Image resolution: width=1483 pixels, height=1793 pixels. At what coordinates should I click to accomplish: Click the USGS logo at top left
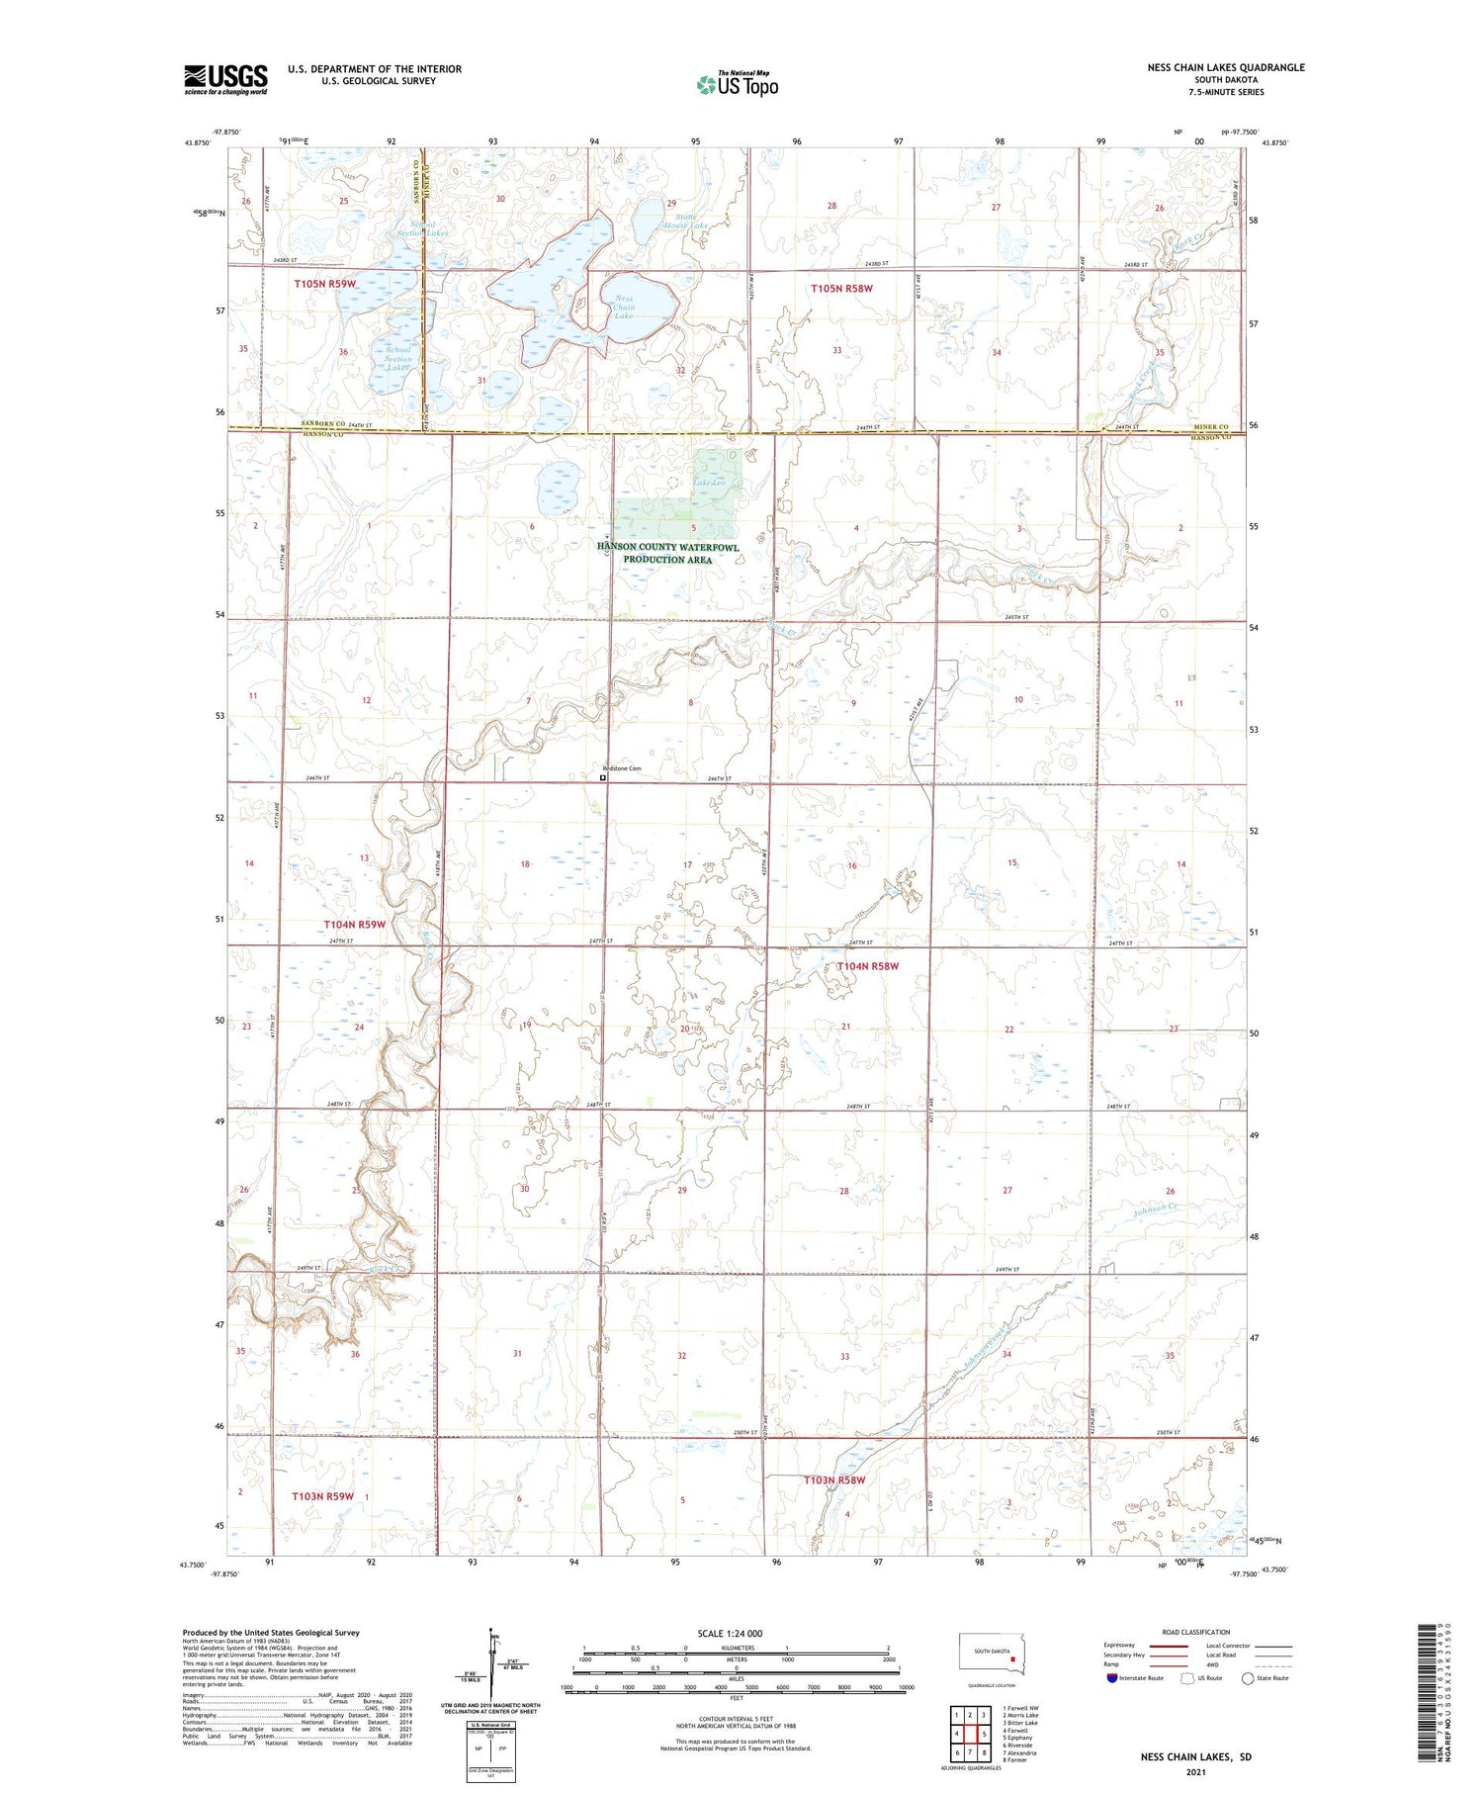225,79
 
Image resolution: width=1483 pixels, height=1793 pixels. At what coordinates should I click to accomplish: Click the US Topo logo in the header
737,84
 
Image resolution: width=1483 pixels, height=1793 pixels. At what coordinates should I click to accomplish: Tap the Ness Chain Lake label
624,307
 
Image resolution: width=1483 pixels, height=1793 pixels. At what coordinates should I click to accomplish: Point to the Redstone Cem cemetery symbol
603,777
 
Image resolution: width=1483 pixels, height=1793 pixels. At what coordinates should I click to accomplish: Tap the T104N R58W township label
867,966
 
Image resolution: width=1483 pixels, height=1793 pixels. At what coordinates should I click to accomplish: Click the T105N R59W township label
324,284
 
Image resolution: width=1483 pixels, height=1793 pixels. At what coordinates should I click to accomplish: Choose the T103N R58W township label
833,1480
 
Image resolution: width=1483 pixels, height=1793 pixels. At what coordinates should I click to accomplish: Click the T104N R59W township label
354,924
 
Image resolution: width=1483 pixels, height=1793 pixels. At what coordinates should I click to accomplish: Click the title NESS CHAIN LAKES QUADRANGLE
1225,67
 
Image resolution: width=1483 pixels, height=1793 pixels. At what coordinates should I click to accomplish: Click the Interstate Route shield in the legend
1112,1678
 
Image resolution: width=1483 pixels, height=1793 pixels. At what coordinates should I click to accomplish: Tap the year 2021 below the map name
1197,1772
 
